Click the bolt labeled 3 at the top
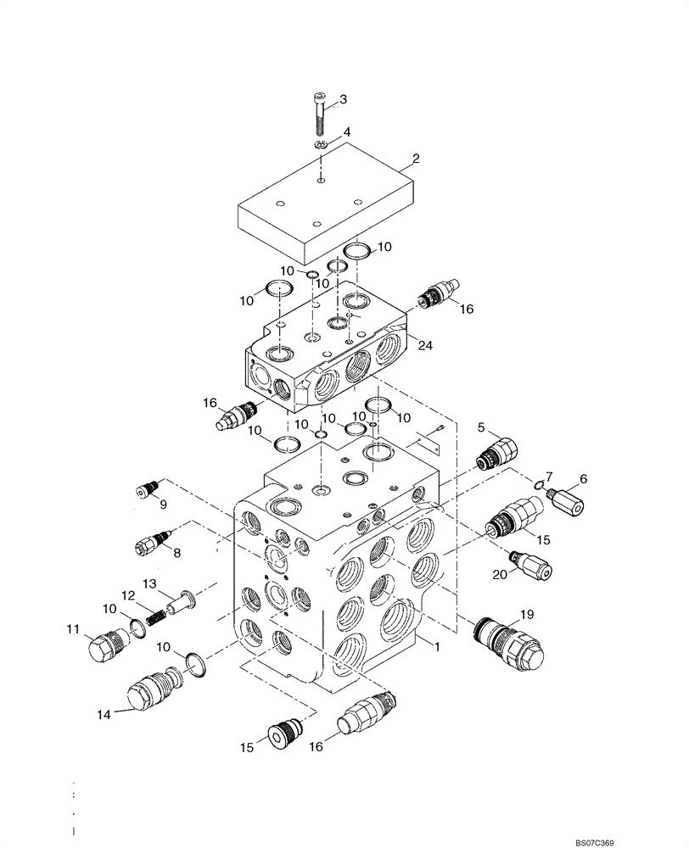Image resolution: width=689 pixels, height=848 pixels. point(319,114)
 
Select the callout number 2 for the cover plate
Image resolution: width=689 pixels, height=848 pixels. point(416,159)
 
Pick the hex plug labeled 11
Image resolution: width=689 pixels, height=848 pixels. point(105,646)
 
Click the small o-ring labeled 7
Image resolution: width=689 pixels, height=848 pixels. point(540,484)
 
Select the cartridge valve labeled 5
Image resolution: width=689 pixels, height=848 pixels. point(495,451)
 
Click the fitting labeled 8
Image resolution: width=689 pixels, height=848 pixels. point(153,540)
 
